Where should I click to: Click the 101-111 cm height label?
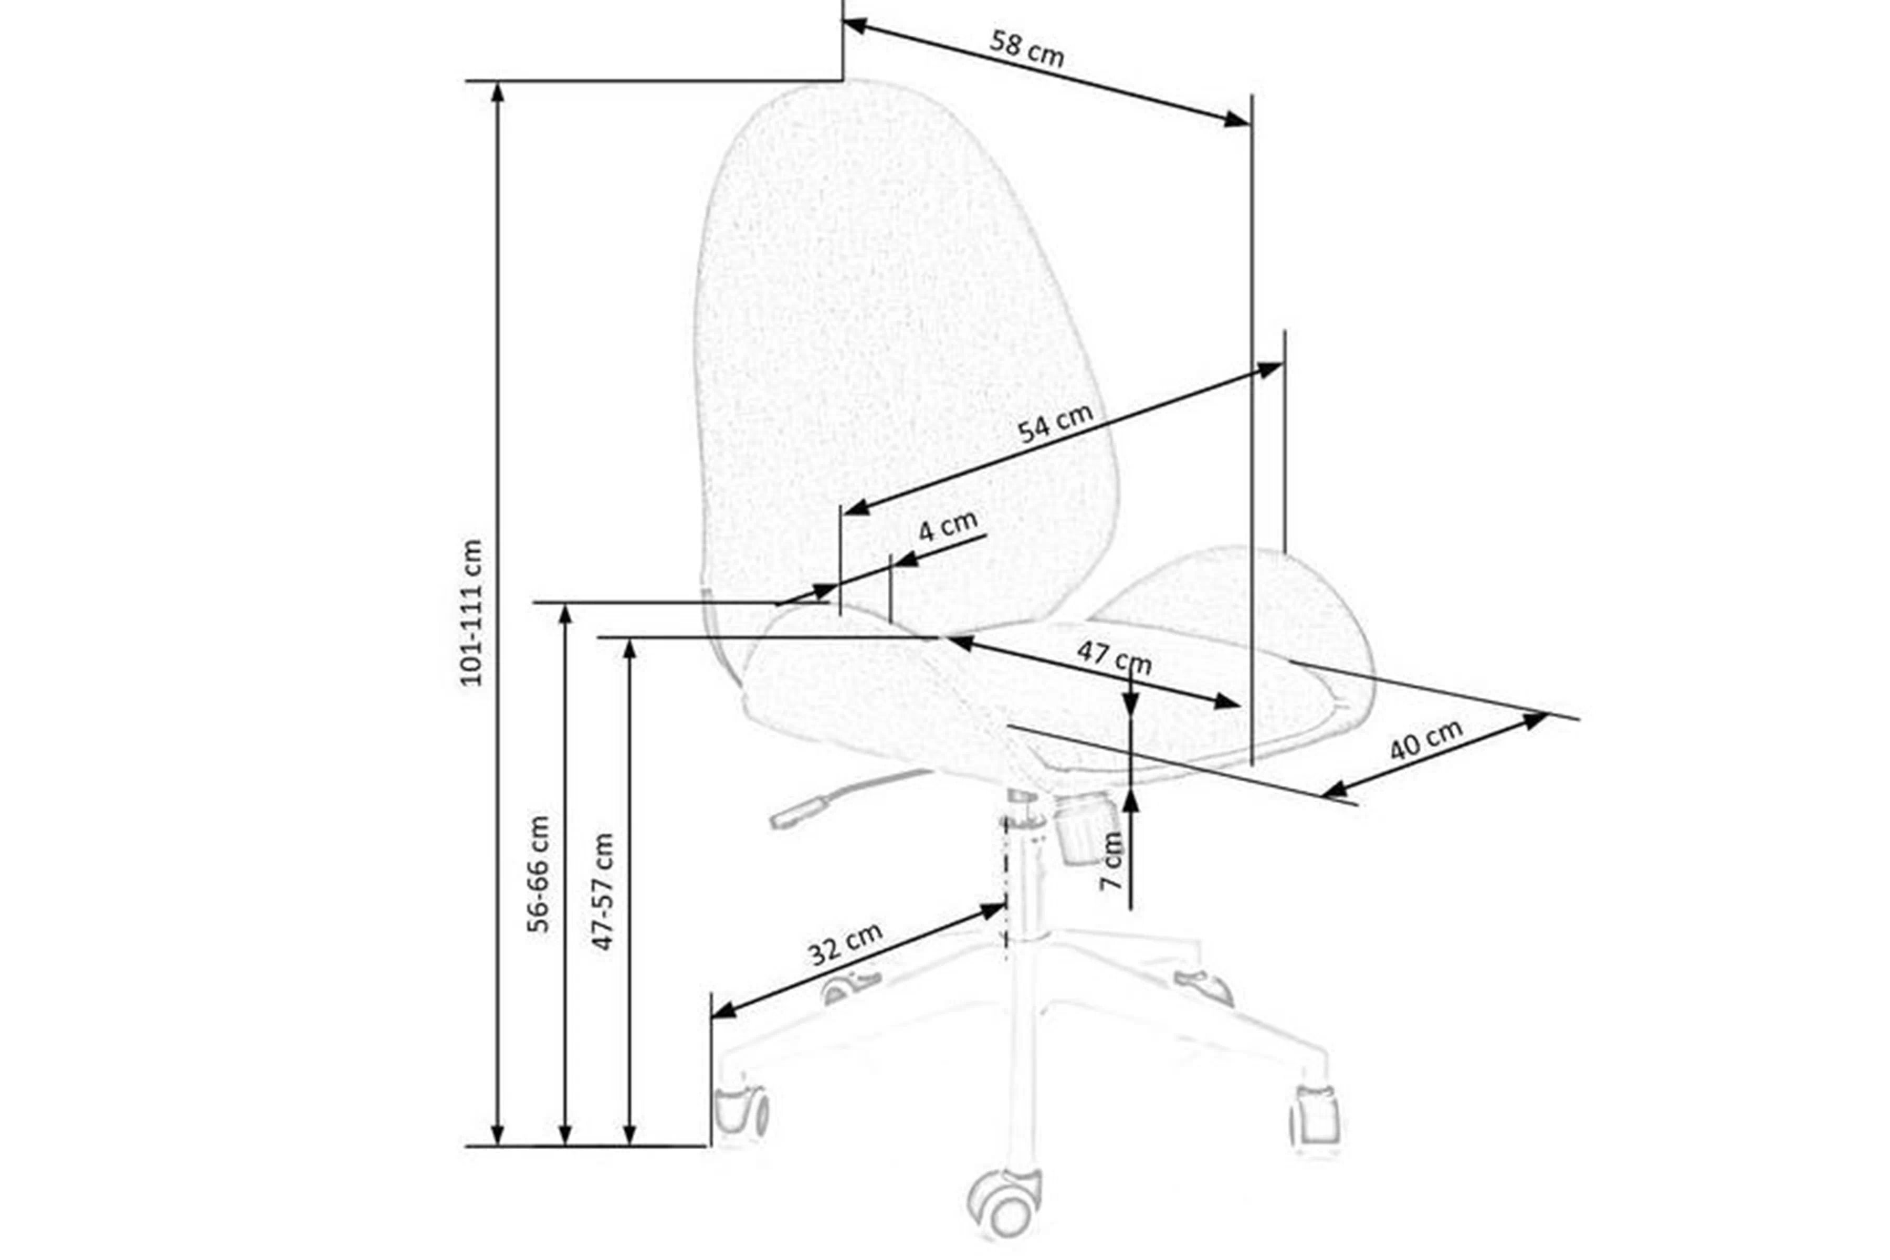[471, 612]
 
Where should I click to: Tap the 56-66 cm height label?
[539, 874]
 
